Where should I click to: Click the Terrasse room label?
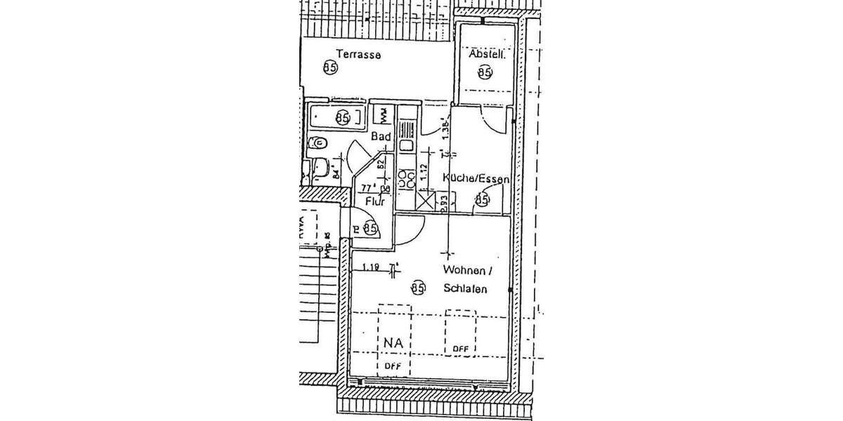(x=358, y=54)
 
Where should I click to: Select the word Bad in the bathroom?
(x=381, y=138)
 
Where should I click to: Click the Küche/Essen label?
(x=476, y=180)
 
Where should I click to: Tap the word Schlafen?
(x=465, y=288)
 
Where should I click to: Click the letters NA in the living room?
(x=393, y=343)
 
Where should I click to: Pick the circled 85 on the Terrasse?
(x=330, y=67)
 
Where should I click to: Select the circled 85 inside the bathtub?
(x=343, y=117)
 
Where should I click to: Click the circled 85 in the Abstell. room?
(x=484, y=72)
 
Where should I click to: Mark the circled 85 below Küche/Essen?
(x=482, y=200)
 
